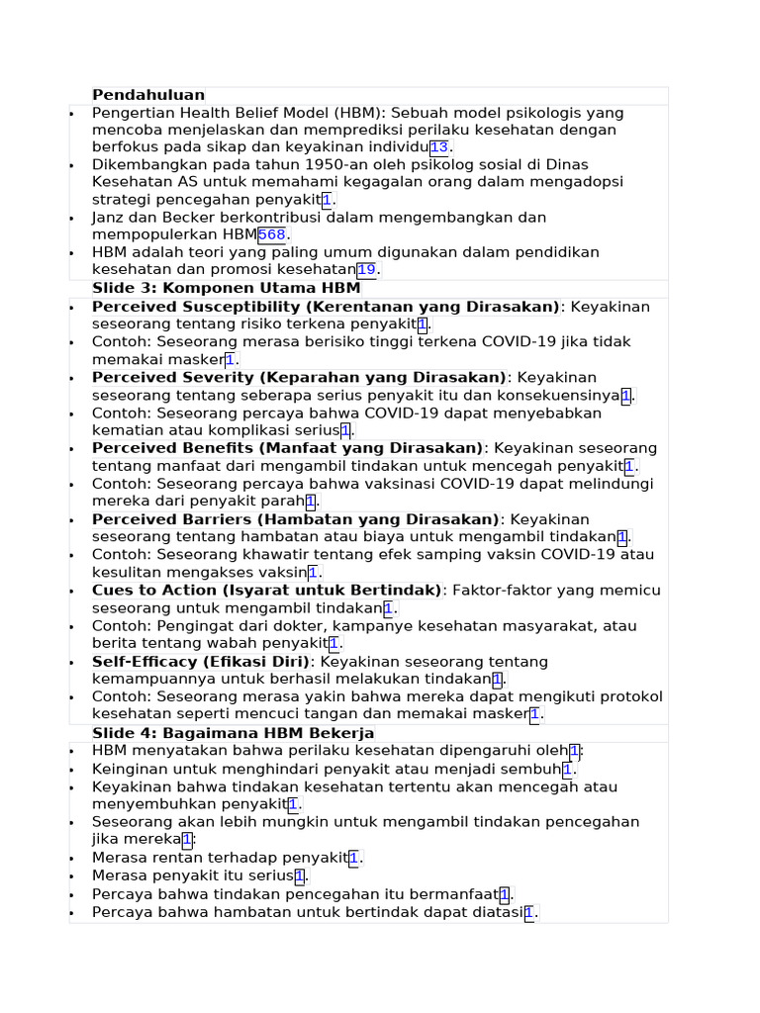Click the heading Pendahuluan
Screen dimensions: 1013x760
click(x=148, y=95)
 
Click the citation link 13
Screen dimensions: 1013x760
click(x=438, y=147)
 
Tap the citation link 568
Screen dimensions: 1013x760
click(x=271, y=234)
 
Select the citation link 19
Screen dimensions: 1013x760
click(x=366, y=270)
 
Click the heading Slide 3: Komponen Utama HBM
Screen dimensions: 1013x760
click(x=226, y=288)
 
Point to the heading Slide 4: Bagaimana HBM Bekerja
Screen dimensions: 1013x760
click(x=233, y=733)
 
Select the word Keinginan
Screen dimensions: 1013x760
click(x=130, y=769)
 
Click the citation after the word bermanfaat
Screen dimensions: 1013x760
click(x=505, y=894)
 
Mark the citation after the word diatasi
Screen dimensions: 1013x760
click(x=529, y=912)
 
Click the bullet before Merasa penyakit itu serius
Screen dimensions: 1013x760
click(x=71, y=876)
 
